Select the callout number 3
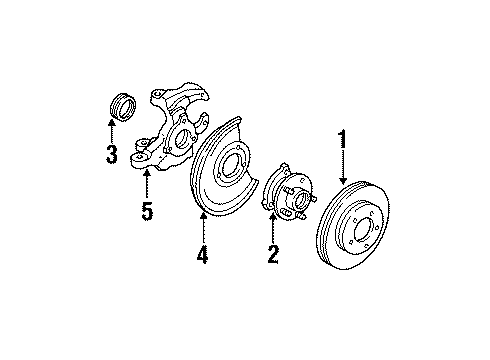112,154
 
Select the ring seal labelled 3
119,106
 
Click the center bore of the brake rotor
368,238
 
